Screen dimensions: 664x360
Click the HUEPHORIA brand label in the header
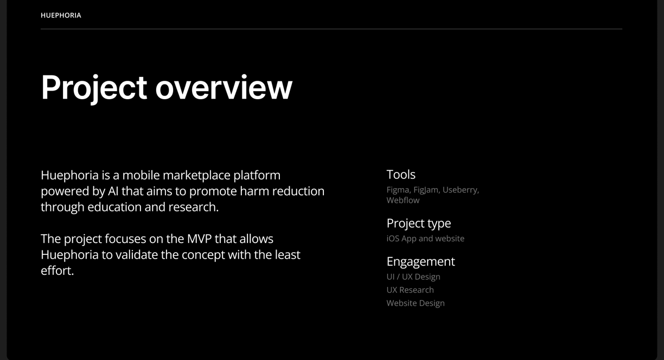point(61,15)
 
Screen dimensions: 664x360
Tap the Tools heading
point(401,175)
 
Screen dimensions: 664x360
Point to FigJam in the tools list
point(426,190)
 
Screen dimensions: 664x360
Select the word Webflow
point(403,200)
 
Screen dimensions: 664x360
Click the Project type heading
point(419,223)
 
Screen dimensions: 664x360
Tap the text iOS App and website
point(425,239)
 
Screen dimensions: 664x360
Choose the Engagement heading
point(420,262)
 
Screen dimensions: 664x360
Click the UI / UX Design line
point(413,277)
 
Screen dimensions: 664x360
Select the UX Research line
point(410,290)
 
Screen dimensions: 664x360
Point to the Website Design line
point(416,303)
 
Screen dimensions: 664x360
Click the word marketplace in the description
point(196,176)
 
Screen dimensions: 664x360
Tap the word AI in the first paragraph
point(113,191)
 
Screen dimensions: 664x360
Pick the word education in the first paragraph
point(114,207)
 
